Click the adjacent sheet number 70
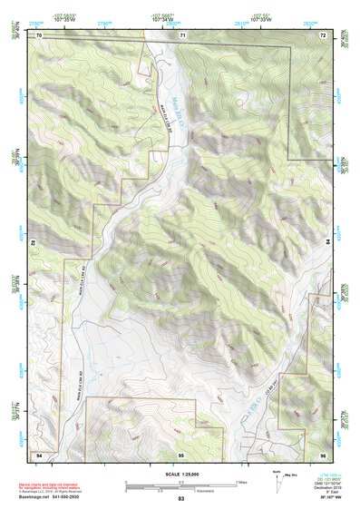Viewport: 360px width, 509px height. [40, 34]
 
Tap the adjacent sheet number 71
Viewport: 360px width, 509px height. [181, 34]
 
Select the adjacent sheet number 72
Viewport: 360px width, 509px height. [323, 34]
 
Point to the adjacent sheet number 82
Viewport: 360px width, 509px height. [34, 243]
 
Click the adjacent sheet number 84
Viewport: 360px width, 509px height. [328, 243]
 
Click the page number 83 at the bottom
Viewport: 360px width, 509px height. [180, 500]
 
